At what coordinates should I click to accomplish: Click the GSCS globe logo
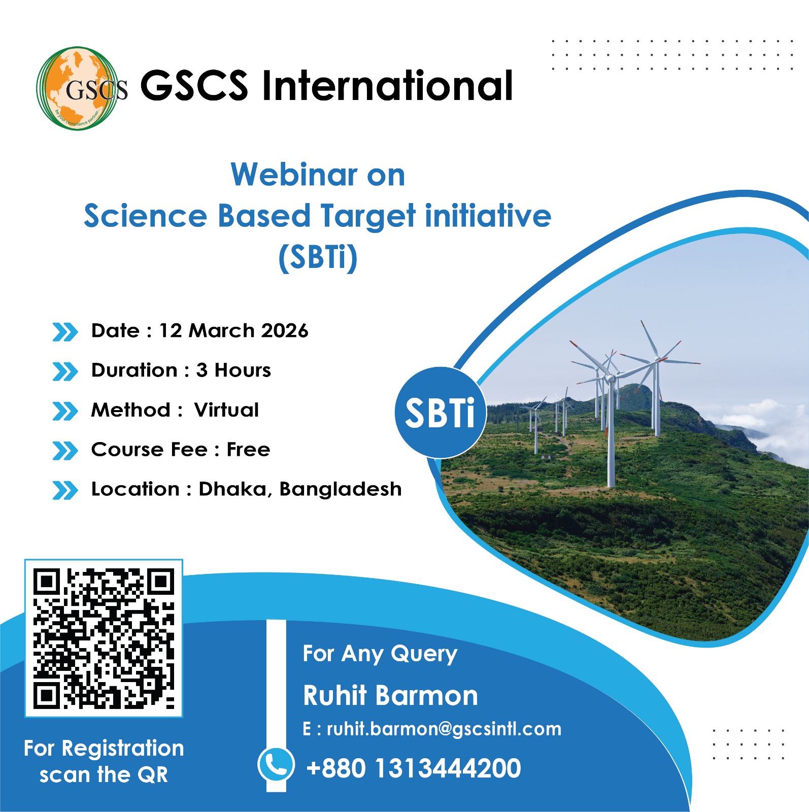tap(79, 88)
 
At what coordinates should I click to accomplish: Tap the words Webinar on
tap(318, 175)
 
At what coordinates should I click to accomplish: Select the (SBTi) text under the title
tap(318, 257)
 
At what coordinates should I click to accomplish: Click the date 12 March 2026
tap(233, 331)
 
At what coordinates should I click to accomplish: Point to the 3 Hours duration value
tap(233, 370)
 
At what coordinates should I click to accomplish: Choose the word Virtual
tap(226, 410)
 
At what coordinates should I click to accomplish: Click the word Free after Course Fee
tap(248, 450)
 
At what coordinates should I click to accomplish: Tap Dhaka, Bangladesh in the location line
tap(299, 489)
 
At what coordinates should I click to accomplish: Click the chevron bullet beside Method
tap(65, 411)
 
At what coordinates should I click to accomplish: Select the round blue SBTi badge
tap(440, 413)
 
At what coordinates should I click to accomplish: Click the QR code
tap(104, 638)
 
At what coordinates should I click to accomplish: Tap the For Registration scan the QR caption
tap(104, 761)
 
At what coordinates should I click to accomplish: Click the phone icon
tap(276, 764)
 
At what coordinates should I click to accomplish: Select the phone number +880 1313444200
tap(414, 768)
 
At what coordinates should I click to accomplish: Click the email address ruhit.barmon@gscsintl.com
tap(444, 729)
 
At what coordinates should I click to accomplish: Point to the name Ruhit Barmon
tap(390, 695)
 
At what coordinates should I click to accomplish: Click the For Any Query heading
tap(380, 654)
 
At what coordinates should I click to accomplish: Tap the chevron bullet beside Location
tap(65, 490)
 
